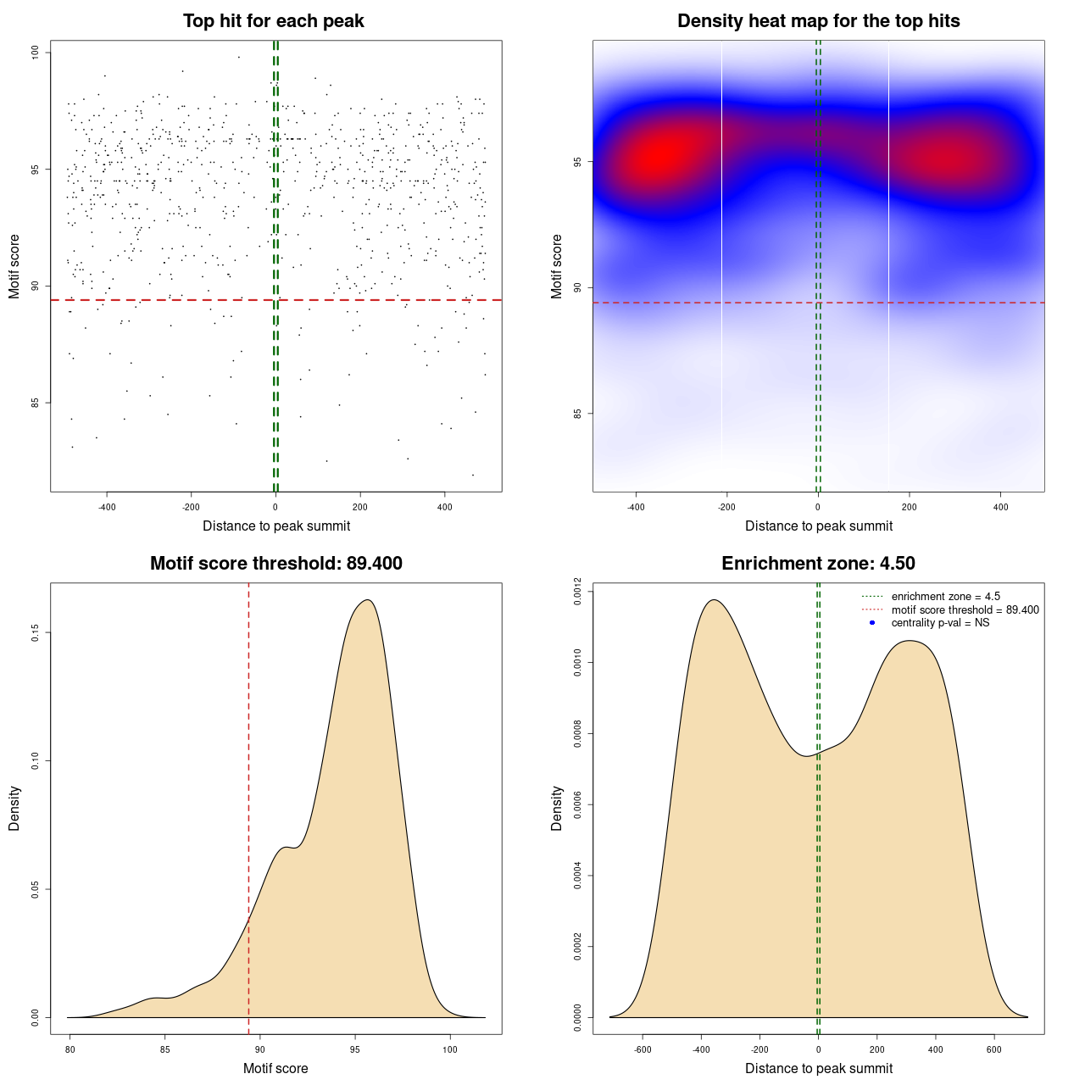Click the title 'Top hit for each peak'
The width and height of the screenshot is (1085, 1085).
[274, 21]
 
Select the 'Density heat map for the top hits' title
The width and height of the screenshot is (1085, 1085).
[818, 21]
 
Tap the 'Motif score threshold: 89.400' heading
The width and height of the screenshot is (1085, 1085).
[275, 564]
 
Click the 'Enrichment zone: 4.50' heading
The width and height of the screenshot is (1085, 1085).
[818, 564]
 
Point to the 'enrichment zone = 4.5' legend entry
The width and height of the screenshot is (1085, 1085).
[945, 597]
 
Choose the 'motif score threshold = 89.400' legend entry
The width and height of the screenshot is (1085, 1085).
[965, 610]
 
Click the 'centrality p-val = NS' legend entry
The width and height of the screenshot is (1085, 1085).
[940, 623]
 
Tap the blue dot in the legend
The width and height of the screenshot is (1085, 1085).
[872, 623]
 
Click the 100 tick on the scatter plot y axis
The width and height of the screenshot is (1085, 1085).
[36, 53]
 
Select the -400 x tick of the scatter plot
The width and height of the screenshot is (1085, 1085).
[107, 507]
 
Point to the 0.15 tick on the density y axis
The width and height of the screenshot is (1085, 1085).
[36, 633]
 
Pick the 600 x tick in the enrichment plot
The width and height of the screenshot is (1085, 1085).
[994, 1049]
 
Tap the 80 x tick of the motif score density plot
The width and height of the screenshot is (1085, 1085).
[70, 1049]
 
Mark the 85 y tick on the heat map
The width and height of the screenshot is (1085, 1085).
[578, 414]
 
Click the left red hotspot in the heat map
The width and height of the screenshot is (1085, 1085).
[659, 156]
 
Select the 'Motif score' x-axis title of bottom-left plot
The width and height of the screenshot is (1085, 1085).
[275, 1068]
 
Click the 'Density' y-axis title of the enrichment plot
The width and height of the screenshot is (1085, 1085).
[557, 808]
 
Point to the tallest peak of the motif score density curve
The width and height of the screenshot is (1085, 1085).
[367, 600]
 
